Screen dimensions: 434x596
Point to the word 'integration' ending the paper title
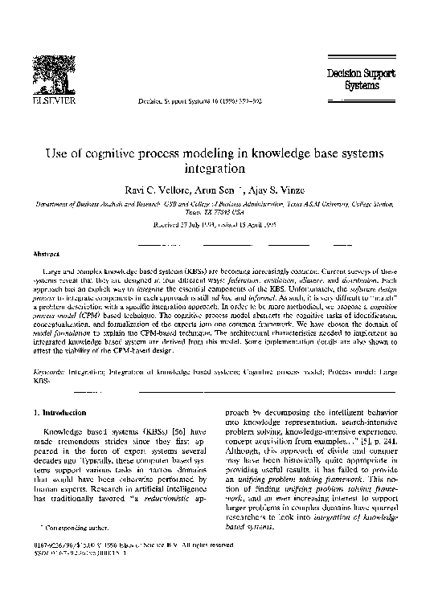[217, 169]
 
